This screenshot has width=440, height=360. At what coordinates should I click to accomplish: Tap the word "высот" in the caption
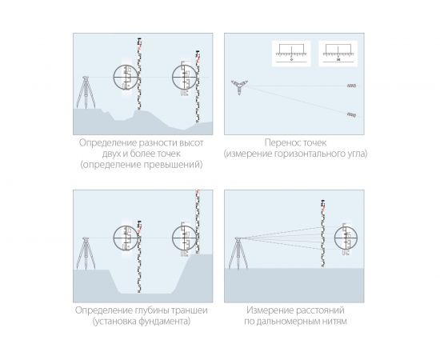click(191, 143)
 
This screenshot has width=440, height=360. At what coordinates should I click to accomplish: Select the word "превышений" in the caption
click(173, 164)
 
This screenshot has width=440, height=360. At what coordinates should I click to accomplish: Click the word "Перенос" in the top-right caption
click(281, 143)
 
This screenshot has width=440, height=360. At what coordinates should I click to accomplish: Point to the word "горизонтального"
click(306, 154)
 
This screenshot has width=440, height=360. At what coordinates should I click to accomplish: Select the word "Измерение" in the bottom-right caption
click(270, 310)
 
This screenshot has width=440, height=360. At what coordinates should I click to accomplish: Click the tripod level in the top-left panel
click(86, 92)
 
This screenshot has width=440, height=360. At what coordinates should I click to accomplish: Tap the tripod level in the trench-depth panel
click(86, 253)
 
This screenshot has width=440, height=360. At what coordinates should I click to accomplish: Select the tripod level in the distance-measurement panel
click(238, 253)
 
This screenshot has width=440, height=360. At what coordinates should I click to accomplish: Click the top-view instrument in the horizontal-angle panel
click(239, 86)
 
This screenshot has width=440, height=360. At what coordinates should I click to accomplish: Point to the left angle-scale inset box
click(291, 54)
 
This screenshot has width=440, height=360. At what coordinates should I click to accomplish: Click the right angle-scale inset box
click(338, 54)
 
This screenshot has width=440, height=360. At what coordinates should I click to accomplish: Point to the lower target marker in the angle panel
click(352, 114)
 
